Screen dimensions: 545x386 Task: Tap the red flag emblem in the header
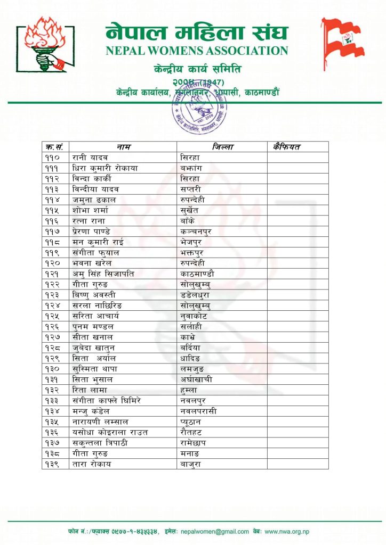point(342,43)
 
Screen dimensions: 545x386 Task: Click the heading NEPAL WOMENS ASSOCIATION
point(197,51)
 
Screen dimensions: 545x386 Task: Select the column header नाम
point(123,146)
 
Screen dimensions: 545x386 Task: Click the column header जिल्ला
point(222,146)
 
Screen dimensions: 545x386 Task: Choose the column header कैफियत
point(287,146)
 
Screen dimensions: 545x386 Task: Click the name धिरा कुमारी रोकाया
point(105,168)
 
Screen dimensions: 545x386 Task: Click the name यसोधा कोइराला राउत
point(110,432)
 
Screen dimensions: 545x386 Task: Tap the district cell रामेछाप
point(195,442)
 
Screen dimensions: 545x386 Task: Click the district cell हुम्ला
point(190,390)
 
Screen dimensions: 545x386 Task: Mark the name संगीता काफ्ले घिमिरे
point(107,400)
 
